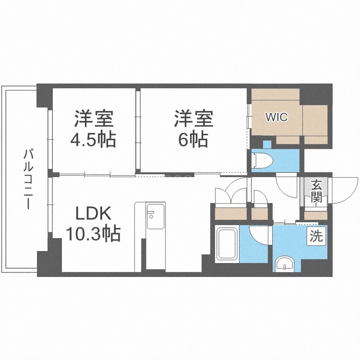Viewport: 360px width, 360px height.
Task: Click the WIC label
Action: point(276,117)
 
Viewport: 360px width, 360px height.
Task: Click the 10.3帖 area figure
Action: point(93,235)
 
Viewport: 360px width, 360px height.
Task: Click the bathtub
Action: point(228,244)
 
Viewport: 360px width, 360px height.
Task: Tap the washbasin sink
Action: point(287,264)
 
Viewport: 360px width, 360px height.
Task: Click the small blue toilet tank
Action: point(267,144)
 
